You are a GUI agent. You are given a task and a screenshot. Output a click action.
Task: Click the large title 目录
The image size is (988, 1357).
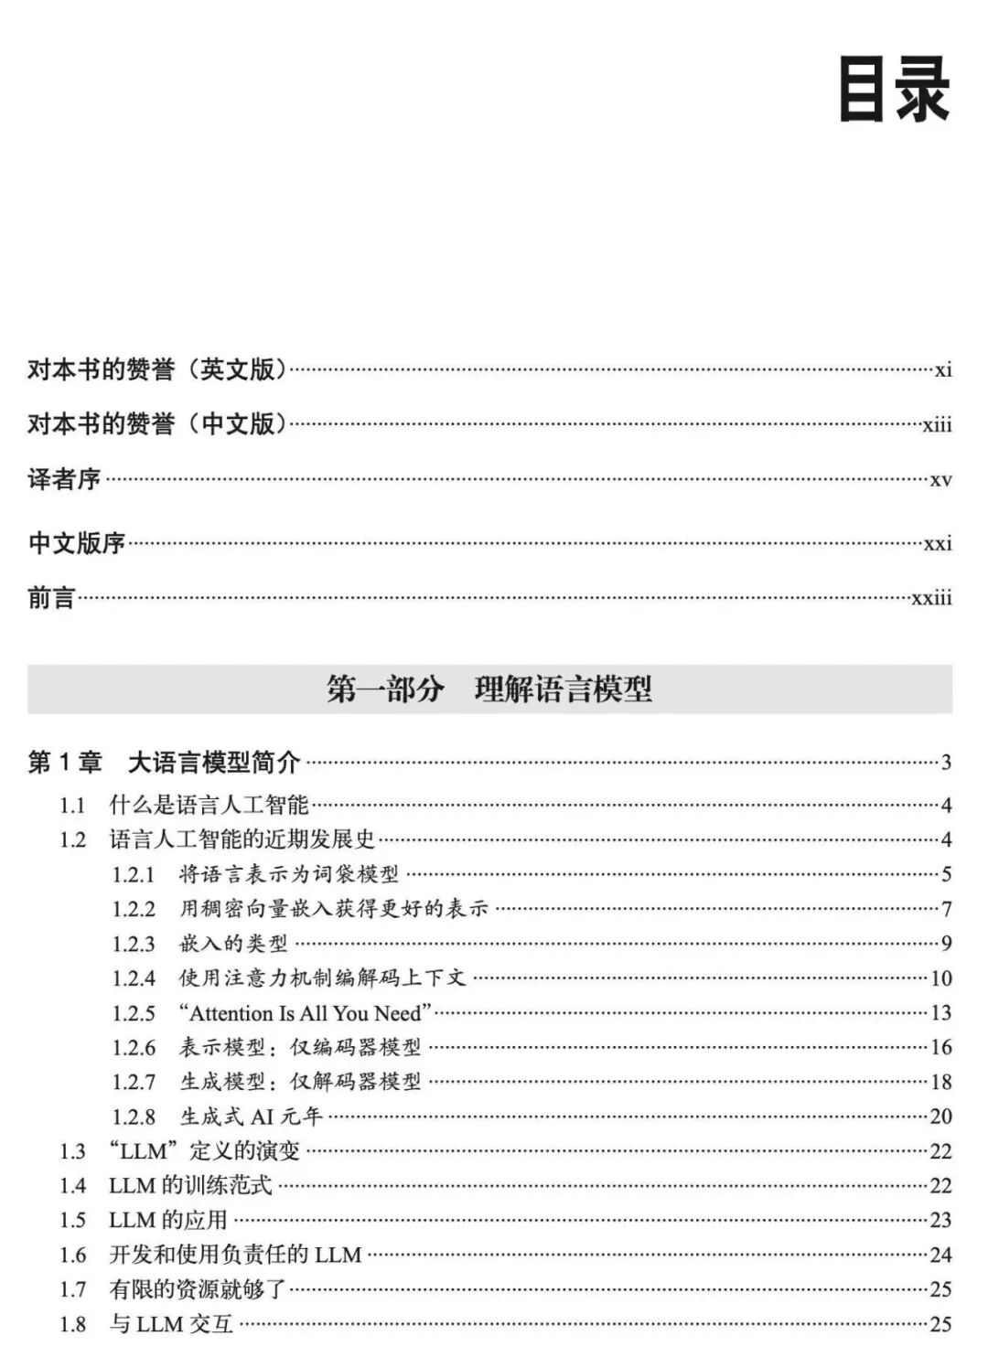[x=895, y=90]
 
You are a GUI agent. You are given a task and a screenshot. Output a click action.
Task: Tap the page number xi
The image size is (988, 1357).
[x=943, y=370]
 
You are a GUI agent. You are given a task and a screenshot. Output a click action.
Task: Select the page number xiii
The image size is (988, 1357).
[x=937, y=425]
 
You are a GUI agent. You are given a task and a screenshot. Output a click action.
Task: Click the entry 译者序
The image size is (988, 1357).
[x=64, y=479]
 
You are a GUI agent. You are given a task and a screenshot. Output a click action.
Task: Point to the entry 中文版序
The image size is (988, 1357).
[x=77, y=543]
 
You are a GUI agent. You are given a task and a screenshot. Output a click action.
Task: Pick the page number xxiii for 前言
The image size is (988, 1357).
[x=931, y=598]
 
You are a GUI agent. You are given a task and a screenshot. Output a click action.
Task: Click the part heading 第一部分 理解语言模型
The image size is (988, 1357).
[x=489, y=689]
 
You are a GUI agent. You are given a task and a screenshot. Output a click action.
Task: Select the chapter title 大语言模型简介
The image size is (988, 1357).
[x=214, y=762]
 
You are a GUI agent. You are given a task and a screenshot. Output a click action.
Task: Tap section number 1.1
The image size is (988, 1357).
[x=72, y=806]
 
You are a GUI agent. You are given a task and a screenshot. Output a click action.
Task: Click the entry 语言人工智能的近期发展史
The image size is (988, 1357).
[x=242, y=839]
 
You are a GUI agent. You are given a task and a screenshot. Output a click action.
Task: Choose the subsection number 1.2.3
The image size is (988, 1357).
[x=134, y=944]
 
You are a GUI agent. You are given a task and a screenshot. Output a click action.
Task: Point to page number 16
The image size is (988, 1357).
[x=940, y=1047]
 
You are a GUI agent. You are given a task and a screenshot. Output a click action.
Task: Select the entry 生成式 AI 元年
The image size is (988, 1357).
[x=251, y=1117]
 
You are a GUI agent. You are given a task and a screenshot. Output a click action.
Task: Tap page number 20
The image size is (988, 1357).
[x=940, y=1117]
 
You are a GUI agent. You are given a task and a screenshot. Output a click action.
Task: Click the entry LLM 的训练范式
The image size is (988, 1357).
[x=190, y=1186]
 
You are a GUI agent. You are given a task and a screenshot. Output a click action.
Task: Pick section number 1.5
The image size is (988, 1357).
[x=72, y=1221]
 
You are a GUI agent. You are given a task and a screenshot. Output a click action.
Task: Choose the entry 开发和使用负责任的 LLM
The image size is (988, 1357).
[x=235, y=1255]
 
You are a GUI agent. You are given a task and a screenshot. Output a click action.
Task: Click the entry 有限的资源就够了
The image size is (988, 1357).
[x=198, y=1290]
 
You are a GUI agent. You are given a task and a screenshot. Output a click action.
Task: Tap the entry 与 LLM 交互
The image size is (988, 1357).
[x=171, y=1325]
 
